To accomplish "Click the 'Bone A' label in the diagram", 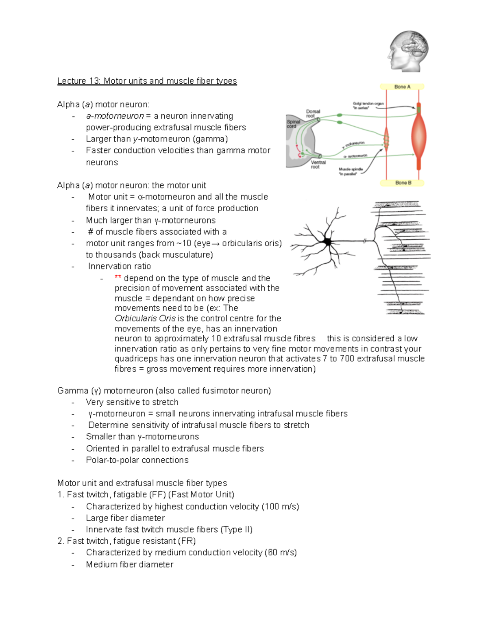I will pos(402,87).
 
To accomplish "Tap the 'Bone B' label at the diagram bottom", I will pos(403,183).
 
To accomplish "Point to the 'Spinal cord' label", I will pos(293,124).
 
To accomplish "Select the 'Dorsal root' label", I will pos(313,113).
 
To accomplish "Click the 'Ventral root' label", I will pos(318,164).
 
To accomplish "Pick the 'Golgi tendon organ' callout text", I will pos(368,106).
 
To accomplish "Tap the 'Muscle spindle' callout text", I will pos(351,171).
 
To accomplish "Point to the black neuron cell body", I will pos(327,242).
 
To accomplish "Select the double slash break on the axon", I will pos(365,241).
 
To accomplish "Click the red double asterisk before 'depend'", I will pos(118,278).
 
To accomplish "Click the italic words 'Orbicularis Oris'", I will pos(145,318).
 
